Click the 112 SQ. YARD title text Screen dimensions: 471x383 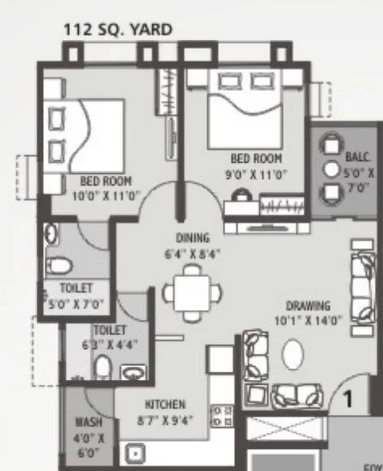tap(118, 31)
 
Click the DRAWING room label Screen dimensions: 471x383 tap(308, 306)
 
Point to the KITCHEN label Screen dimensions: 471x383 tap(165, 404)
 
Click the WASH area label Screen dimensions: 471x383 tap(88, 423)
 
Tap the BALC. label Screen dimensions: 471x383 tap(356, 157)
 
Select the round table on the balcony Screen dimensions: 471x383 tap(332, 169)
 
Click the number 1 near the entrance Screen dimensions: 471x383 tap(346, 399)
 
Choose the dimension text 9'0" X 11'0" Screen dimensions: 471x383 tap(256, 172)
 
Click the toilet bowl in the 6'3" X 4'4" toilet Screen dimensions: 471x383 tap(102, 368)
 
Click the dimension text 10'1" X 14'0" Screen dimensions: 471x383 tap(307, 321)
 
